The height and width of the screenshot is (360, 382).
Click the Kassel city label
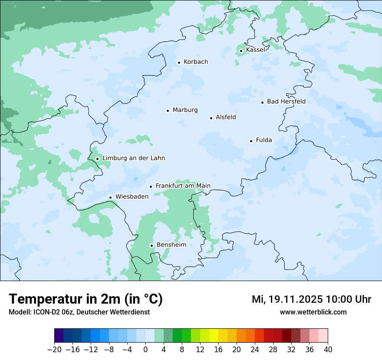(255, 50)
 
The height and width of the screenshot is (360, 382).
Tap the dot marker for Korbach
(179, 62)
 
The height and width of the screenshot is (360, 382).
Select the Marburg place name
(185, 110)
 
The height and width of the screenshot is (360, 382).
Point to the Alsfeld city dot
(211, 118)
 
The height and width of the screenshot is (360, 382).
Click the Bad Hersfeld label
(286, 101)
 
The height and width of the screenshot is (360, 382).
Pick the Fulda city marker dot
(251, 141)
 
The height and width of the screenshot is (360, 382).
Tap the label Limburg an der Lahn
(133, 158)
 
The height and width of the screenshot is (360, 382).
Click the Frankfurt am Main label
(183, 186)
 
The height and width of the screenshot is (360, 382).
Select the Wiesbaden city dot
(110, 198)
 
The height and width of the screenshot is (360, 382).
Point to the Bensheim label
(171, 245)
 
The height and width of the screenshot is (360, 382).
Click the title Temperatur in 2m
(86, 299)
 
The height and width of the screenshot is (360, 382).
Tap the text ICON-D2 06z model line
(79, 312)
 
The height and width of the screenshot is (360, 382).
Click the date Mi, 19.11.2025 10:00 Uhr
(311, 299)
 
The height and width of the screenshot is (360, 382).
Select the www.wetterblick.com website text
(313, 312)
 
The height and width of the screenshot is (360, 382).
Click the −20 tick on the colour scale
(54, 350)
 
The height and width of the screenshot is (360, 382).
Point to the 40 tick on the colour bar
(328, 350)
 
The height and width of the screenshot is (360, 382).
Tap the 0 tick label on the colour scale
(145, 350)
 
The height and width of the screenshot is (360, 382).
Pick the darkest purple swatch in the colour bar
(59, 336)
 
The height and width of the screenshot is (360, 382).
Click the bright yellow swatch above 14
(214, 336)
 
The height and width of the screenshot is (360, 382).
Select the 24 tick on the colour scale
(255, 350)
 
